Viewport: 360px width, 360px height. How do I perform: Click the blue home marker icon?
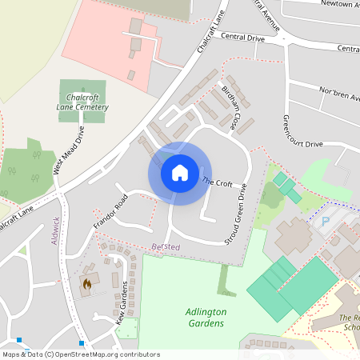180,172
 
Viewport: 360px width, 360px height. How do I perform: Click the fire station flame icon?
86,283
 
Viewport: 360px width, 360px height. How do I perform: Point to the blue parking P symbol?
325,222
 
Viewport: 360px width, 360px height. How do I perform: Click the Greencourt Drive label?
302,134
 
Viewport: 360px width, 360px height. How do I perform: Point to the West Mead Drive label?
68,153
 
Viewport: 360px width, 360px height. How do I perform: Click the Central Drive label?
242,37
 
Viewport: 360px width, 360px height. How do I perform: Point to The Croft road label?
217,182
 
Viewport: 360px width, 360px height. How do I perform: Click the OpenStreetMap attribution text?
81,354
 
